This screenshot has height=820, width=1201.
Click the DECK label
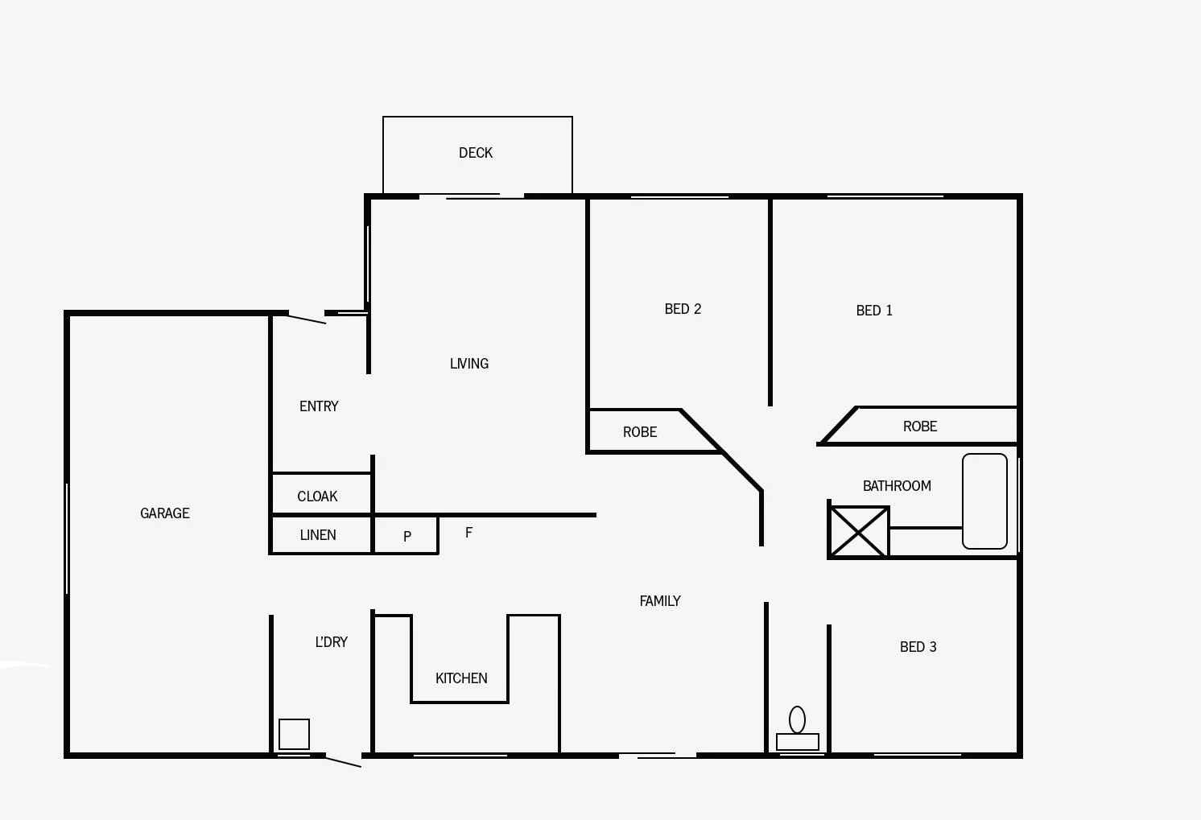[x=476, y=153]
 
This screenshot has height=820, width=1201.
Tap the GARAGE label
[x=165, y=513]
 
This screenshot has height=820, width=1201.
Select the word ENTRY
[x=319, y=406]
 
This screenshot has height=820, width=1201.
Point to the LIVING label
[x=469, y=364]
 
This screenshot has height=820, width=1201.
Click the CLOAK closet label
[x=317, y=497]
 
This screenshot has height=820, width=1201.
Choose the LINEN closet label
[x=318, y=535]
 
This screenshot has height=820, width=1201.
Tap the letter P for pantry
[x=407, y=537]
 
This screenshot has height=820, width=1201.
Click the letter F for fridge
[x=468, y=533]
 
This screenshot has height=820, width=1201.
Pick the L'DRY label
[x=332, y=642]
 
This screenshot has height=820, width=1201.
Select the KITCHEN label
[x=461, y=678]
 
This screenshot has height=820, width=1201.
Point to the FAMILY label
[x=660, y=601]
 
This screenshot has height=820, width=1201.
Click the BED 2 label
[x=683, y=309]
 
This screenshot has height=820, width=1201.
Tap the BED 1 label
[x=874, y=311]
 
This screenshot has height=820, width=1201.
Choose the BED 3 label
[x=918, y=647]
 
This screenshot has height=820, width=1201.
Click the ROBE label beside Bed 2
[x=640, y=432]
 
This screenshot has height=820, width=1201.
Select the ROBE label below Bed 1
[x=920, y=426]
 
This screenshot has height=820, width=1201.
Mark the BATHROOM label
[x=897, y=486]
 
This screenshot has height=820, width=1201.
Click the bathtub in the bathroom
[x=984, y=501]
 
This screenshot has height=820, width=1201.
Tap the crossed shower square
[x=859, y=532]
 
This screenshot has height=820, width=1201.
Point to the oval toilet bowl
[x=797, y=719]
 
